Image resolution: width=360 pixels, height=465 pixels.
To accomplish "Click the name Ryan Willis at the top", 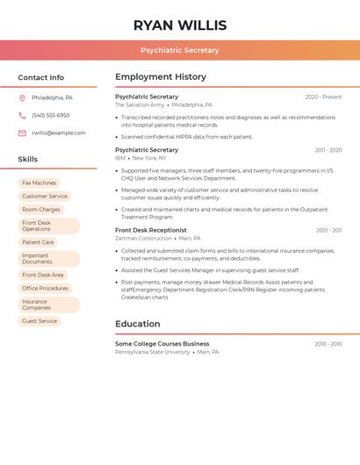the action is [x=180, y=25].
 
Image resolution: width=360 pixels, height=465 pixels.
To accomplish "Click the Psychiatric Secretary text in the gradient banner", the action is [x=180, y=50].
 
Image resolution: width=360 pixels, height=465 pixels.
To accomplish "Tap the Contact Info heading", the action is [x=40, y=77].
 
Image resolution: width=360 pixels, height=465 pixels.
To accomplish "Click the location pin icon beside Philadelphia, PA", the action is [x=22, y=97].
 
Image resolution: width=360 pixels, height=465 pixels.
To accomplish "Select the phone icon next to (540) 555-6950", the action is [x=22, y=116].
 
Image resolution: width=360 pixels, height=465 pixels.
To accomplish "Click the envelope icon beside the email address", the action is [x=22, y=133].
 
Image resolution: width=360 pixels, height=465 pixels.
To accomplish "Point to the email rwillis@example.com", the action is [x=59, y=133].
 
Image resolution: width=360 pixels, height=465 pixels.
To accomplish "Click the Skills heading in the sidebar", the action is [x=28, y=160].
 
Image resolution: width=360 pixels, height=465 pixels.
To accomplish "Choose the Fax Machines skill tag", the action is [x=39, y=183].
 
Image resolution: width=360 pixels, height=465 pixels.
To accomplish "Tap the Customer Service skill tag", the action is [x=45, y=197].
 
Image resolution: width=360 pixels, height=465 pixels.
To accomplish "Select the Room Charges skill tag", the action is [x=41, y=210].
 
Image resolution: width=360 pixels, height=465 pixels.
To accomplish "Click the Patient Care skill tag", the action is [x=38, y=242].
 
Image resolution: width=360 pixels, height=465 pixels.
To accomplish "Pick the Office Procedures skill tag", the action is [x=45, y=289].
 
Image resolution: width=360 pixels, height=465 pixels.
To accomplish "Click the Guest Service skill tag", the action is [x=40, y=321].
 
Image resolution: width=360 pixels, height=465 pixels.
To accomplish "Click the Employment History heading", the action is [x=161, y=77].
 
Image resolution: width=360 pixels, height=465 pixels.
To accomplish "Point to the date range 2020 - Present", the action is [x=323, y=97].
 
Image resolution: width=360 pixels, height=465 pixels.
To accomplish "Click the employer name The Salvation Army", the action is [x=140, y=105].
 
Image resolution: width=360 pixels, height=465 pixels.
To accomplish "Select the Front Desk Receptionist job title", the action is [x=151, y=230].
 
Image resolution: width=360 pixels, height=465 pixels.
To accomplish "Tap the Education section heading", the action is [x=137, y=324].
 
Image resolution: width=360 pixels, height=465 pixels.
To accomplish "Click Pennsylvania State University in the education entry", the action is [x=153, y=352].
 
